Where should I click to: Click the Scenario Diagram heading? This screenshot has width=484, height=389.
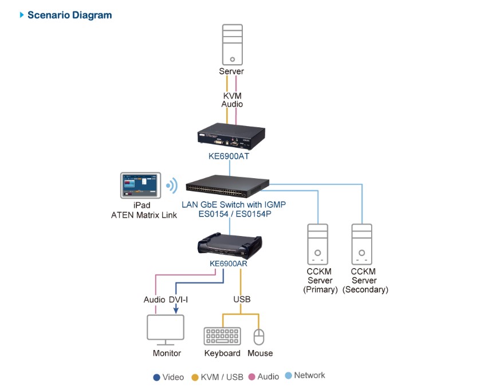coord(69,15)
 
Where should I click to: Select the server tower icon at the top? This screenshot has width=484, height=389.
coord(231,44)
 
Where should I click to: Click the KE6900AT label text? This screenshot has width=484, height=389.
coord(230,155)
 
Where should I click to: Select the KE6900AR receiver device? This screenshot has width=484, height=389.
coord(230,243)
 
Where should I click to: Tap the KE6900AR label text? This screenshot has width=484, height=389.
coord(230,264)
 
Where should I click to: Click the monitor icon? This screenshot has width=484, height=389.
coord(166,329)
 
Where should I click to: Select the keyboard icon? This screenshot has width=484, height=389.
coord(222,336)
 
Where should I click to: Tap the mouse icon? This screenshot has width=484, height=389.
coord(259,336)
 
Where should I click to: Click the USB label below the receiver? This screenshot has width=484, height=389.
coord(241,299)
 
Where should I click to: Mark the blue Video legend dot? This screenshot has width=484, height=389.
coord(156,377)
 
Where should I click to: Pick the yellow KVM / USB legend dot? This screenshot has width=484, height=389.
coord(195,377)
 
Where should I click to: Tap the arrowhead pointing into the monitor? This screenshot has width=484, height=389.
coord(175,311)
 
